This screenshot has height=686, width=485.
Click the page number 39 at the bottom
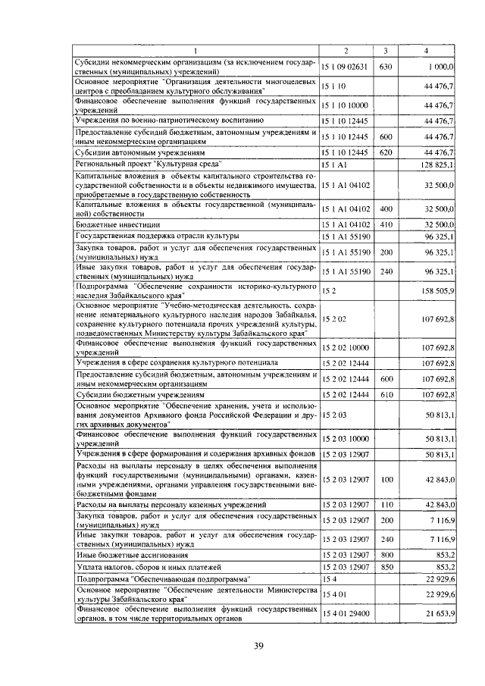[258, 645]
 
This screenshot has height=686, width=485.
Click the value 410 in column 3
[385, 224]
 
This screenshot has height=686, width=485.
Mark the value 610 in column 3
[385, 394]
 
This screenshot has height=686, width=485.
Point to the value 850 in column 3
[385, 567]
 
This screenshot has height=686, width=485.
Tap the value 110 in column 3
[385, 504]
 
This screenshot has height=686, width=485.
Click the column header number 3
[385, 50]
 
